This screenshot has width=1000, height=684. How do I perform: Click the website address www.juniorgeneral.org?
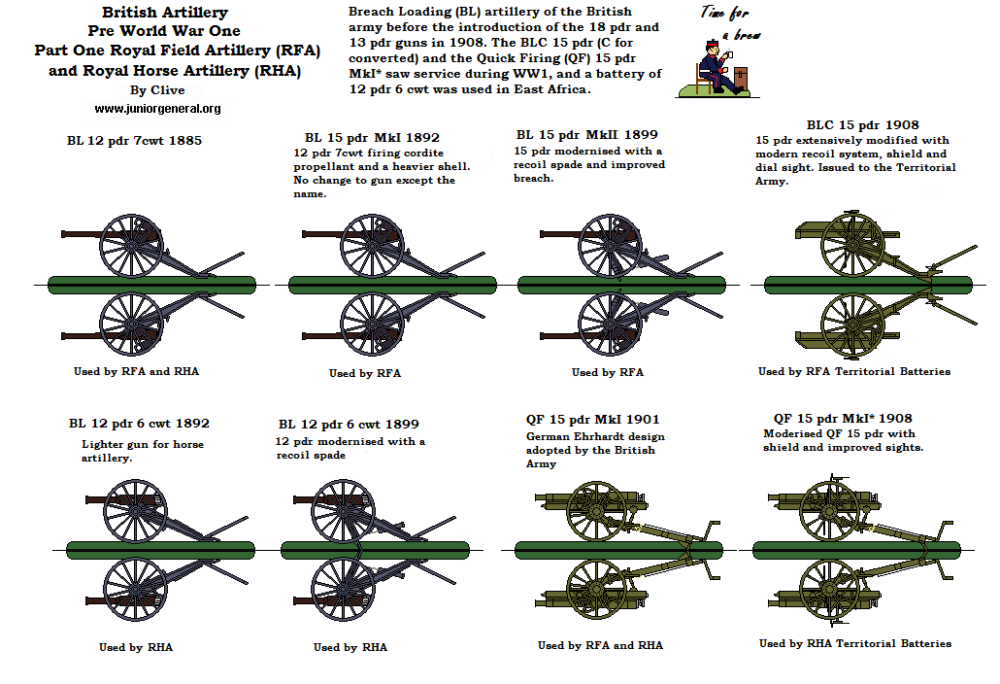coord(157,109)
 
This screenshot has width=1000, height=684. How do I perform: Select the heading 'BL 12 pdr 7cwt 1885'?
coord(128,141)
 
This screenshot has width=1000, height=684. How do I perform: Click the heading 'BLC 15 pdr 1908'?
coord(862,125)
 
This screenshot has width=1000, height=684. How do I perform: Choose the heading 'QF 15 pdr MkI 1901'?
coord(593,420)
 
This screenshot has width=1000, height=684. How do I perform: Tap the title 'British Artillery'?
coord(165,13)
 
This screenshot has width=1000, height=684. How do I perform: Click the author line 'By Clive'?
coord(156,90)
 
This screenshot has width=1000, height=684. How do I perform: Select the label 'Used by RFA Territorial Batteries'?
coord(853,372)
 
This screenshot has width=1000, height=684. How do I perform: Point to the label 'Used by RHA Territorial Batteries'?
coord(854,643)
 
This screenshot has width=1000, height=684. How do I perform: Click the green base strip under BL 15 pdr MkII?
coord(621,285)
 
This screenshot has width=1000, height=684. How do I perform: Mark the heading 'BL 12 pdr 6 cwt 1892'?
coord(139,424)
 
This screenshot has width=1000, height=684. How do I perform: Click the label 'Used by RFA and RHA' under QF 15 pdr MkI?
coord(600,645)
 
